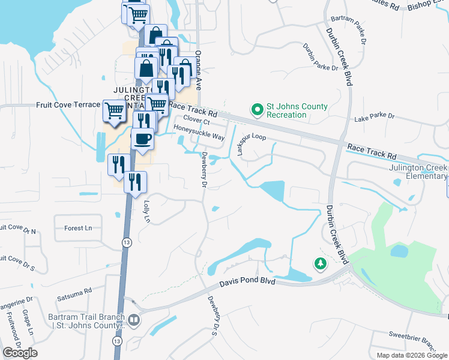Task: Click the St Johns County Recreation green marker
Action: point(258,110)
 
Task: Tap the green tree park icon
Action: point(321,263)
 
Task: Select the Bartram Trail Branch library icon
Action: point(133,320)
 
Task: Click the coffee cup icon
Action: point(142,140)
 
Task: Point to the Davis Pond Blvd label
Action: point(247,281)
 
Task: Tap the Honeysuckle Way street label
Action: point(199,133)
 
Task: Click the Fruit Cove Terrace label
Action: point(68,104)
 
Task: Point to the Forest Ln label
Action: point(79,228)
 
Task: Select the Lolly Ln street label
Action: point(145,211)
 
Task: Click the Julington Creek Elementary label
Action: point(418,172)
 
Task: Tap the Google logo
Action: point(20,353)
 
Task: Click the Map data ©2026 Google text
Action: point(412,355)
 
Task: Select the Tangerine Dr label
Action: point(16,303)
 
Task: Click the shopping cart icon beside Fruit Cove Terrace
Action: point(113,110)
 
